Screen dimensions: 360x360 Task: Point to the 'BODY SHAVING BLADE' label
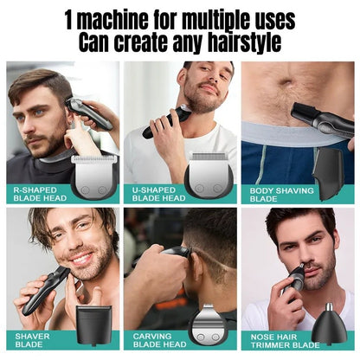coord(279,193)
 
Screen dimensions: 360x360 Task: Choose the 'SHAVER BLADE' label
coord(33,340)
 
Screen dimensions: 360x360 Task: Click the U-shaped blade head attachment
coord(208,176)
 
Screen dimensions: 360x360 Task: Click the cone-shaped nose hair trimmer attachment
coord(331,324)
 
